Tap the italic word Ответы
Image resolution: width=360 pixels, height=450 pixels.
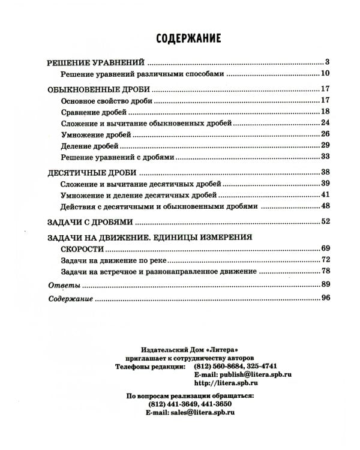pyautogui.click(x=60, y=284)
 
